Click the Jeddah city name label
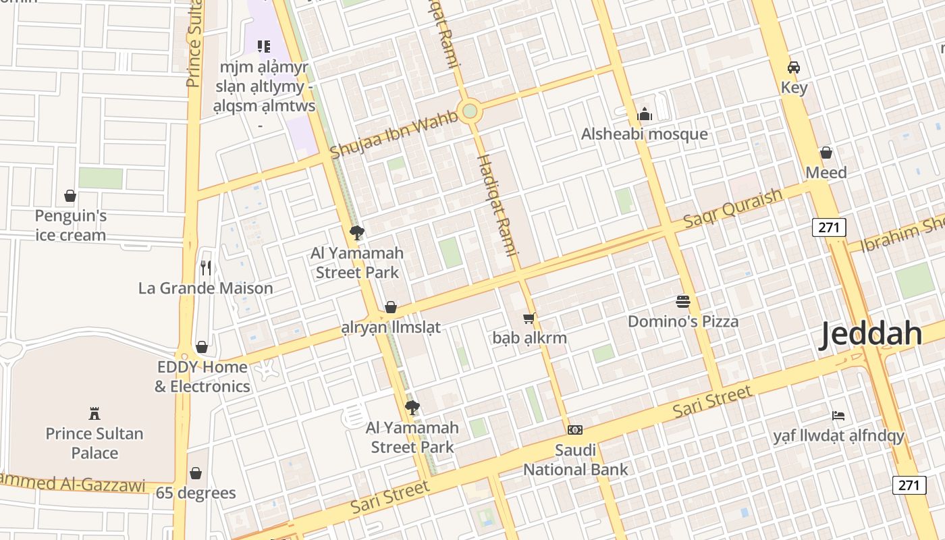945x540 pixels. point(870,335)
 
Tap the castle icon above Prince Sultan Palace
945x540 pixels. point(94,413)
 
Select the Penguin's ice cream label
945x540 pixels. point(71,225)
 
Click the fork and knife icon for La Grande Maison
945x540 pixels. point(206,268)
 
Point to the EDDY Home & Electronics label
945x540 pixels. point(202,377)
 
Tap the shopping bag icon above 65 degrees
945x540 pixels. point(196,473)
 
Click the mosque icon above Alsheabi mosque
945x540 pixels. point(645,114)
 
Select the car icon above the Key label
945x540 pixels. point(794,67)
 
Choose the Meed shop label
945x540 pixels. point(826,173)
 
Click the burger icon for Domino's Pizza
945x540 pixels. point(683,301)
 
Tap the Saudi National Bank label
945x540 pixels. point(575,460)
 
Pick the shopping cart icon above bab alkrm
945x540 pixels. point(529,318)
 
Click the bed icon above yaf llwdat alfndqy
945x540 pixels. point(838,415)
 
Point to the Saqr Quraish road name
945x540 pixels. point(732,208)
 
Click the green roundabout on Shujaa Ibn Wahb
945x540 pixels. point(470,111)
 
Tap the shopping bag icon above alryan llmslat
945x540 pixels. point(390,308)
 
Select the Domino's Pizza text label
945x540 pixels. point(683,321)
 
